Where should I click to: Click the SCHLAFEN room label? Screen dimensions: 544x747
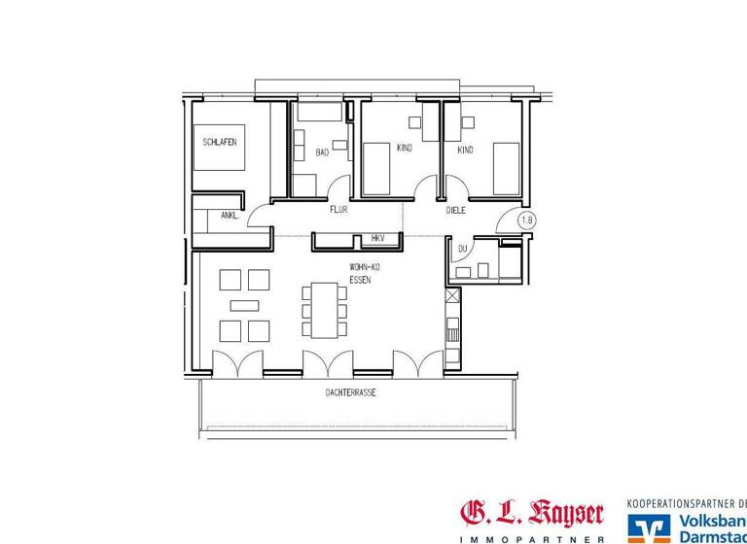(x=219, y=142)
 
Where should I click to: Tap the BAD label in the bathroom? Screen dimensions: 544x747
(x=322, y=153)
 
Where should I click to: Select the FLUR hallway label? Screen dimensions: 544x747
(x=338, y=209)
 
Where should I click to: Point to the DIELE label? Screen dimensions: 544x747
(x=456, y=209)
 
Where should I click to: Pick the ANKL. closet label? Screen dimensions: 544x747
(x=230, y=216)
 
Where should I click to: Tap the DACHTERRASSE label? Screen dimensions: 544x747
(x=351, y=393)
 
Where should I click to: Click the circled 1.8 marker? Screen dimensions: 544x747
(x=527, y=221)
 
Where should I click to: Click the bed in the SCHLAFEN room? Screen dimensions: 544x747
(x=219, y=148)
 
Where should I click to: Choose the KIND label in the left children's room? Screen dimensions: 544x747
(x=405, y=149)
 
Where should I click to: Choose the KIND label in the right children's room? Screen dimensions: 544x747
(x=465, y=151)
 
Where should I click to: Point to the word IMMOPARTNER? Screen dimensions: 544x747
(x=531, y=538)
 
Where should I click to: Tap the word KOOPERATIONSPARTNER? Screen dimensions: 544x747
(x=681, y=504)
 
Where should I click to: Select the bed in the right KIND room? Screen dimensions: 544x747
(x=506, y=168)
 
